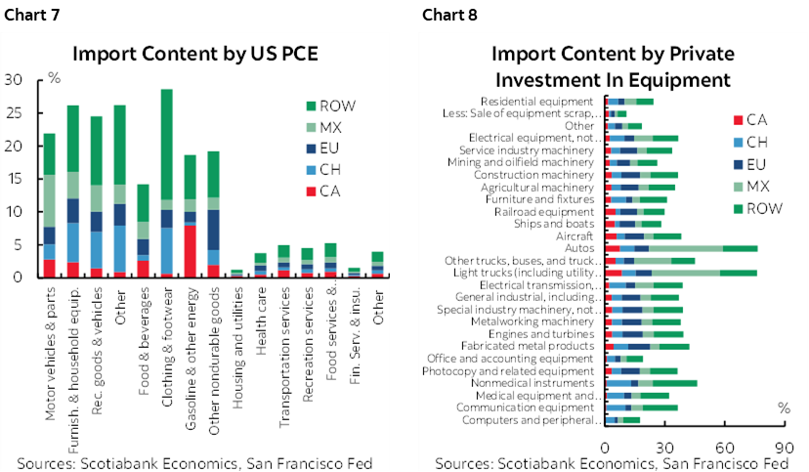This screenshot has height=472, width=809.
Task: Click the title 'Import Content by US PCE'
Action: coord(202,54)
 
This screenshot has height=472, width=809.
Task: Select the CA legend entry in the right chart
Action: coord(755,120)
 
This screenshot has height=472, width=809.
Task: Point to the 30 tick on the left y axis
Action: coord(14,80)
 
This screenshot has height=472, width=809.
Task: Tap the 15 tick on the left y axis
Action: coord(14,179)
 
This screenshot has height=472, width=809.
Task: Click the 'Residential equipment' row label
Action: coord(536,101)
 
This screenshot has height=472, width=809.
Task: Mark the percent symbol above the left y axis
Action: coord(55,76)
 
